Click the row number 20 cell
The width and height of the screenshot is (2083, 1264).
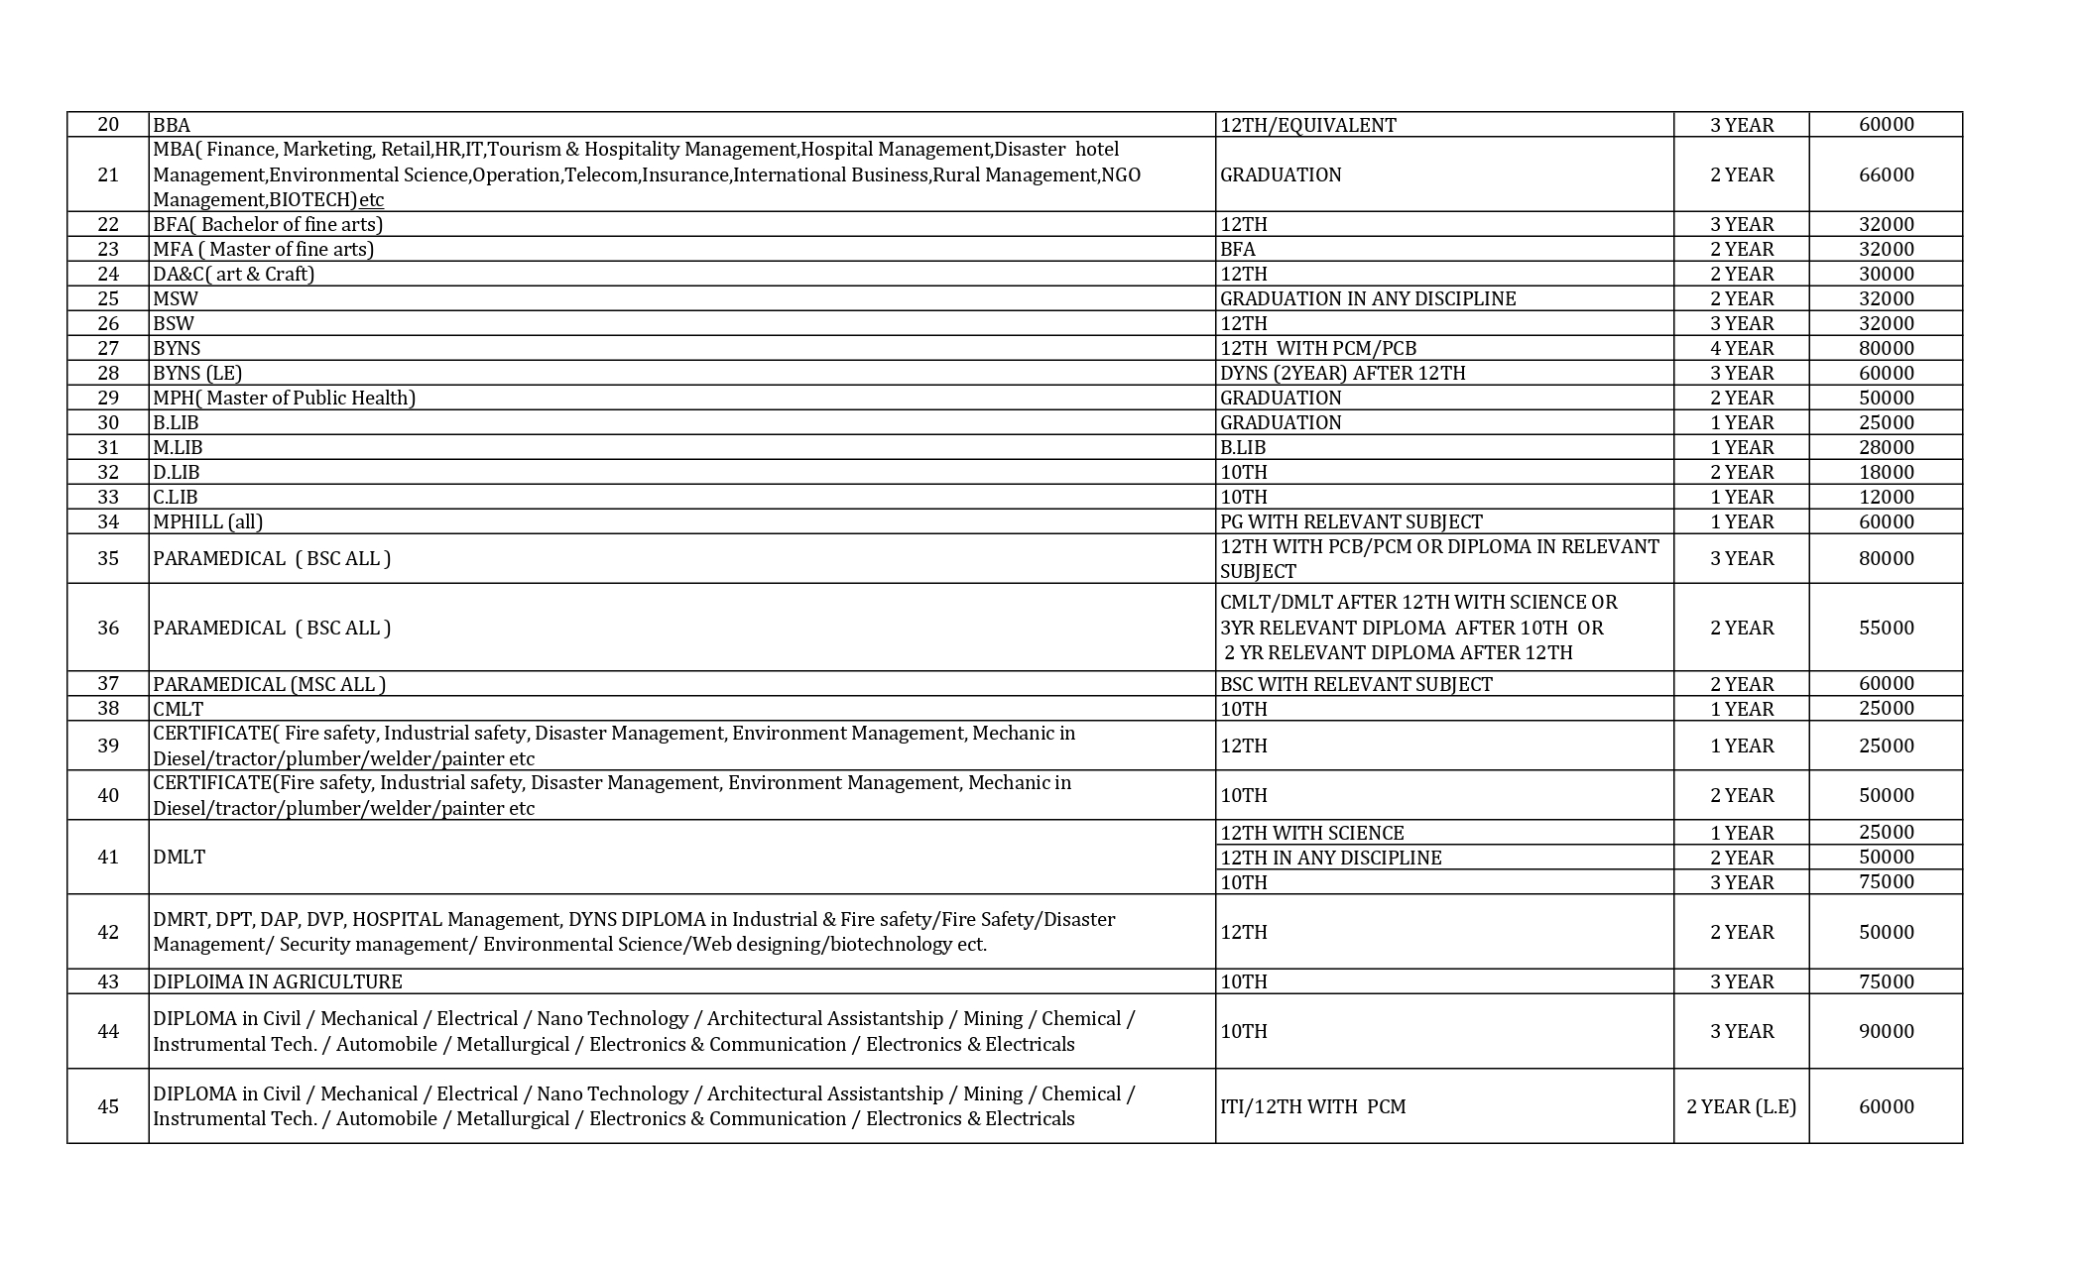(x=108, y=125)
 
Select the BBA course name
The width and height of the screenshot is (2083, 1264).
(x=172, y=125)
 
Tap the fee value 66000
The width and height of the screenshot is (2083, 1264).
(x=1886, y=174)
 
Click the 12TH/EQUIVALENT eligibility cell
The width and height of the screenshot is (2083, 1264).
(x=1307, y=125)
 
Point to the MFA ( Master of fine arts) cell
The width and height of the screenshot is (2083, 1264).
(x=263, y=249)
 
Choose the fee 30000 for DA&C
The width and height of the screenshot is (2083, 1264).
(x=1886, y=274)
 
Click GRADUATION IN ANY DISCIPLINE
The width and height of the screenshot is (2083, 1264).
(x=1368, y=298)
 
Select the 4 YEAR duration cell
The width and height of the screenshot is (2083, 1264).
(x=1741, y=348)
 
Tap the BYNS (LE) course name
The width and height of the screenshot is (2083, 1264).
(x=197, y=373)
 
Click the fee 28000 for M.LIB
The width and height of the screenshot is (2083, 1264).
(x=1886, y=447)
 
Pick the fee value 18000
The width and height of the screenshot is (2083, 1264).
(x=1886, y=472)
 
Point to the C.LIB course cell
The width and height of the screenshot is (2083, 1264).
(x=176, y=497)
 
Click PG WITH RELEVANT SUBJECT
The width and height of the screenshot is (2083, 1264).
(x=1351, y=521)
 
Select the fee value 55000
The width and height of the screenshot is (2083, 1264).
(x=1886, y=628)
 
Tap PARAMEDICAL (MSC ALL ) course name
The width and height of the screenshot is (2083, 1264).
(x=269, y=684)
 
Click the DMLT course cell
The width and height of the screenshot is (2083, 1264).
(x=180, y=857)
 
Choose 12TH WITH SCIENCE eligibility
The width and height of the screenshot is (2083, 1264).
(x=1311, y=833)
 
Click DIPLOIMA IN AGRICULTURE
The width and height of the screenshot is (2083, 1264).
(x=278, y=981)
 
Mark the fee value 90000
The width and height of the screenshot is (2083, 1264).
(x=1886, y=1031)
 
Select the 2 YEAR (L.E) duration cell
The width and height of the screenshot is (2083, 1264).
(x=1741, y=1106)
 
